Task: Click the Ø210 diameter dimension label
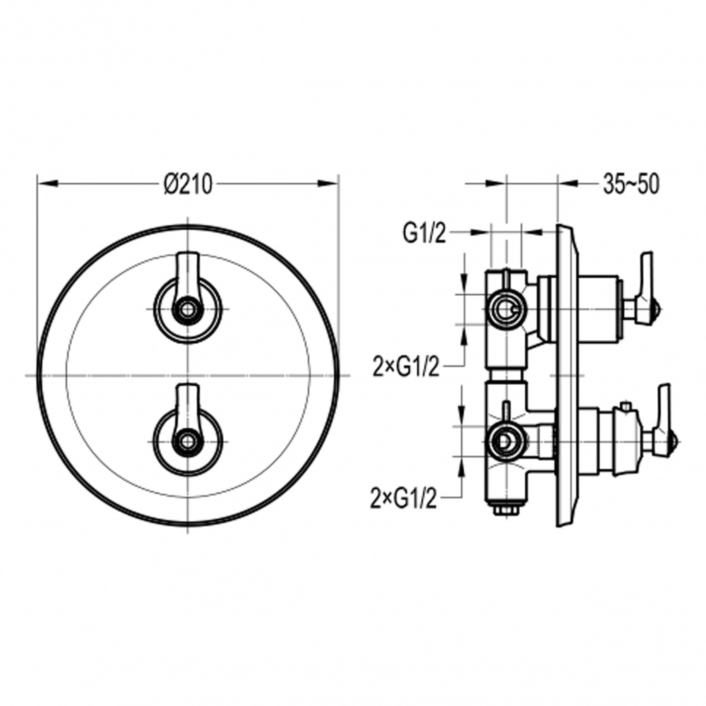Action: pyautogui.click(x=188, y=184)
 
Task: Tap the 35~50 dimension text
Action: pyautogui.click(x=630, y=184)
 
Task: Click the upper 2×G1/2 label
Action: pyautogui.click(x=406, y=367)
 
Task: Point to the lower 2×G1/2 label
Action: pyautogui.click(x=403, y=498)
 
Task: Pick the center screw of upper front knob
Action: pyautogui.click(x=187, y=310)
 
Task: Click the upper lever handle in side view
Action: pyautogui.click(x=646, y=287)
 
